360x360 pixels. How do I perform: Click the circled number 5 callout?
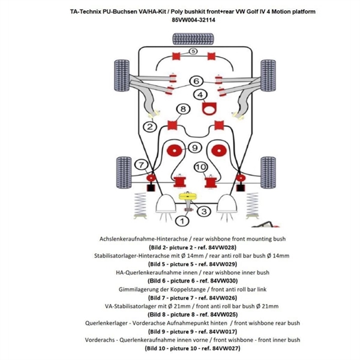[x=193, y=52]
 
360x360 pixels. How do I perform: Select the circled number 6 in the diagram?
[x=196, y=81]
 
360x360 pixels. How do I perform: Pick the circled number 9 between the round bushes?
[x=194, y=148]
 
